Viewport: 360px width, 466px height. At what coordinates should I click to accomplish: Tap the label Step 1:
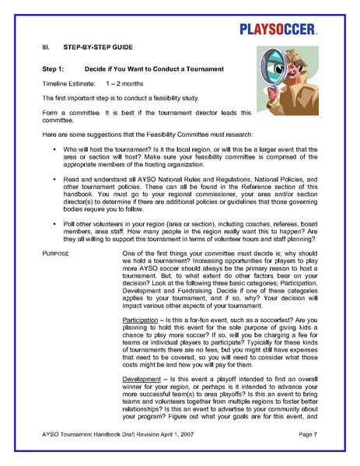[x=57, y=69]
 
